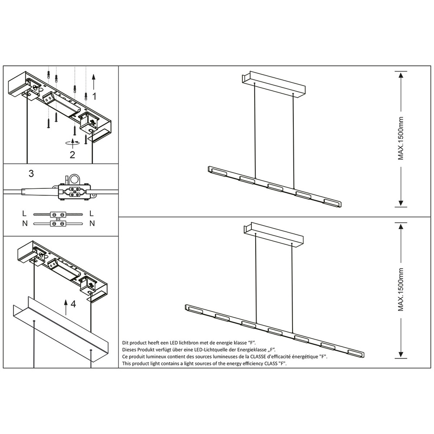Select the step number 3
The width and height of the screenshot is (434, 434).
(x=31, y=174)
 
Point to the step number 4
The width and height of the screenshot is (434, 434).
(x=73, y=304)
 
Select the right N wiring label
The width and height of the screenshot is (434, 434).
(x=92, y=224)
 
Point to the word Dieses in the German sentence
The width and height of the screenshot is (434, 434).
(x=130, y=349)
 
